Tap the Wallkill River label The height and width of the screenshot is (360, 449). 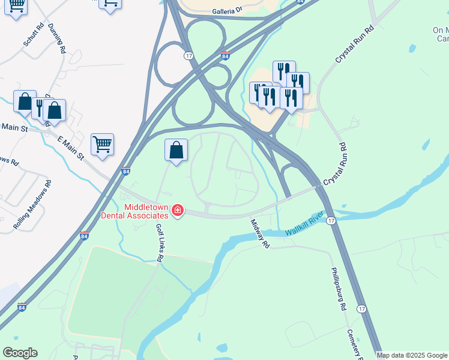[305, 224]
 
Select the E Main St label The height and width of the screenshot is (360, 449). [70, 148]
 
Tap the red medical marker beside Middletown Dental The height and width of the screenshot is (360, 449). [177, 211]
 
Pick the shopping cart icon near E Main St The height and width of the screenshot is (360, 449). [103, 144]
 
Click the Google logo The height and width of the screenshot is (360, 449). [20, 353]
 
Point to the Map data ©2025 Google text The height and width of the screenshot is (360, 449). [412, 355]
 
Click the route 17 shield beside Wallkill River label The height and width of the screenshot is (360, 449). [331, 221]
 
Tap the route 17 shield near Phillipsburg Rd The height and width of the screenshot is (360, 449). [361, 308]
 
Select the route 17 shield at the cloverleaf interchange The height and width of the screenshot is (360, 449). [188, 56]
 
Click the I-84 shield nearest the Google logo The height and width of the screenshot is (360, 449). [22, 307]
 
